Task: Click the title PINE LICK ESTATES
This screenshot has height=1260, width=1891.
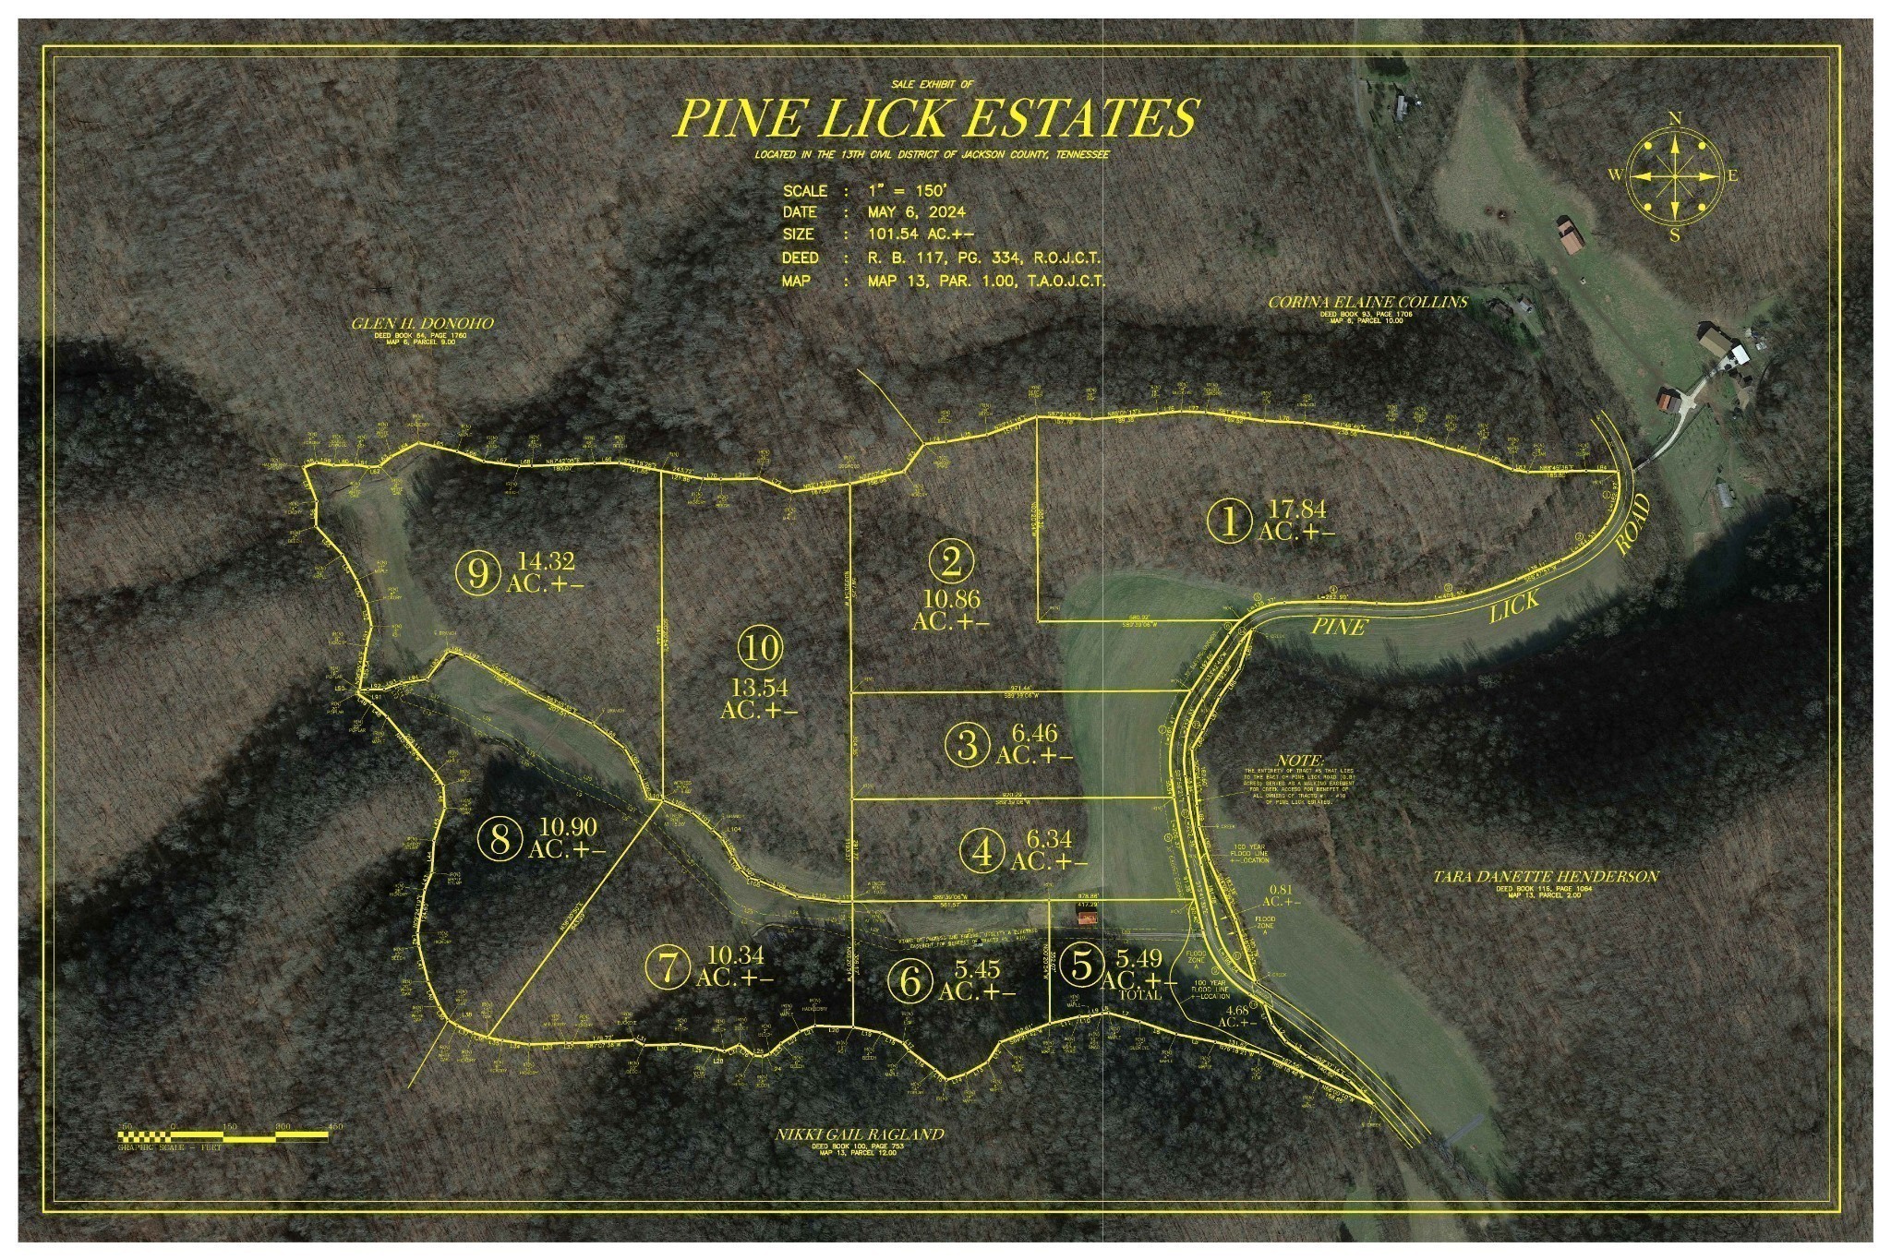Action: [936, 117]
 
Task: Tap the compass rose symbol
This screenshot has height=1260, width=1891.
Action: [1673, 176]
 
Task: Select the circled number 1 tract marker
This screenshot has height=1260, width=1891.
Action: [1230, 522]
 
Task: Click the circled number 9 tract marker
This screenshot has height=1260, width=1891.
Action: [477, 574]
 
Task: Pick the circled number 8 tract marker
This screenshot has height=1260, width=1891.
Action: [500, 839]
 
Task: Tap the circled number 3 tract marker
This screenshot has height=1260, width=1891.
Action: [968, 744]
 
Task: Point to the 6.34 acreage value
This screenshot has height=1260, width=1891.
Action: [1049, 839]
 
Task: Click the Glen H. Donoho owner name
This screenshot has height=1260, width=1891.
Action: [422, 323]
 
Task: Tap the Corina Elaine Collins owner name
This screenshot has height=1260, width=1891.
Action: [1367, 302]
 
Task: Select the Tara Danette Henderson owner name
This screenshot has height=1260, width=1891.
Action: [1545, 876]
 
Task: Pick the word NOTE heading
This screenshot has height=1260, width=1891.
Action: [1301, 760]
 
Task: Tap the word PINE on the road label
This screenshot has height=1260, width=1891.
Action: [1340, 627]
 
